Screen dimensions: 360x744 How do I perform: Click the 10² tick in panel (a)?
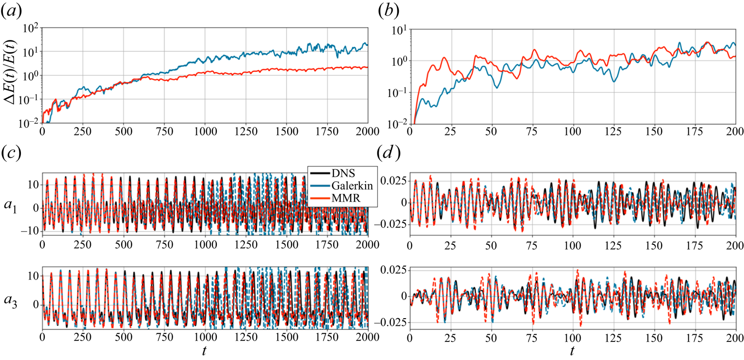tap(31, 28)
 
